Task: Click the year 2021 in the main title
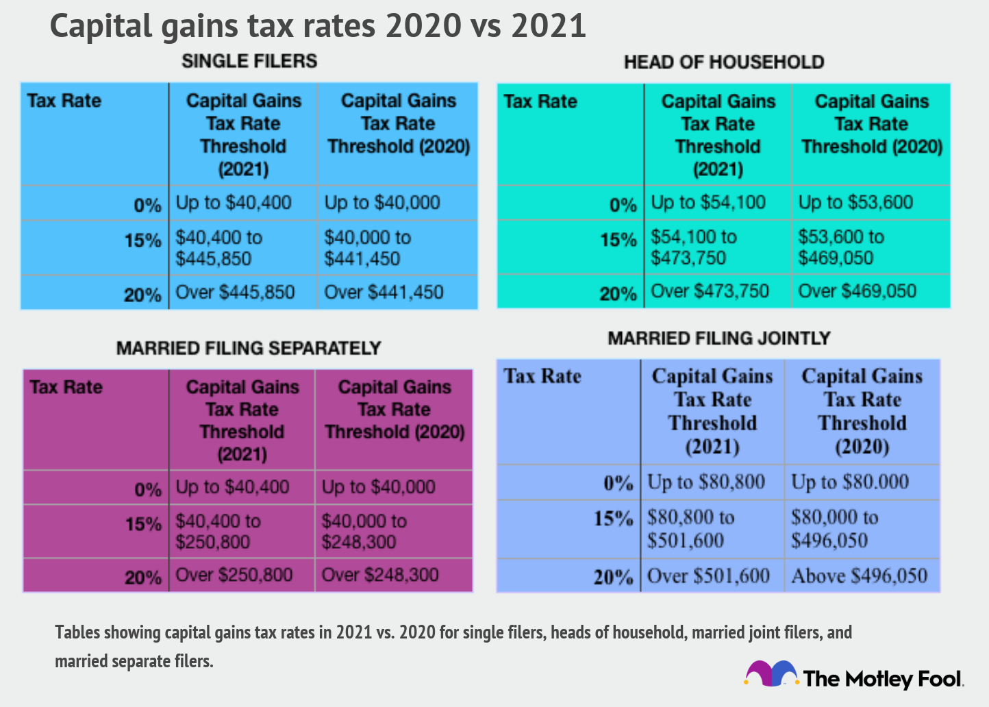549,26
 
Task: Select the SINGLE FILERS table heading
249,61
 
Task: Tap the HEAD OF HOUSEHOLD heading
723,62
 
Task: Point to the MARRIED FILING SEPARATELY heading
248,348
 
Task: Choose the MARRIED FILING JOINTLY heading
718,338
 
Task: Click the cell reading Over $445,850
235,293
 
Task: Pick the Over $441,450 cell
384,293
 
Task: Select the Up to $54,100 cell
708,203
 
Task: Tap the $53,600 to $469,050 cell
841,247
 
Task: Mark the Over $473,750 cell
710,291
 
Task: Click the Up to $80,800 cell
705,482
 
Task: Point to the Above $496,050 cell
859,576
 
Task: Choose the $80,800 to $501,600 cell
690,529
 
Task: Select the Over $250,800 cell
234,575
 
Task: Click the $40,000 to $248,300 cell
364,532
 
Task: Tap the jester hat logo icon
771,674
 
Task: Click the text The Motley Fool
883,679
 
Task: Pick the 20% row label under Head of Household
618,294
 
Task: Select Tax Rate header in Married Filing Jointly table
542,376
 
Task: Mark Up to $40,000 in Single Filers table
381,203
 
